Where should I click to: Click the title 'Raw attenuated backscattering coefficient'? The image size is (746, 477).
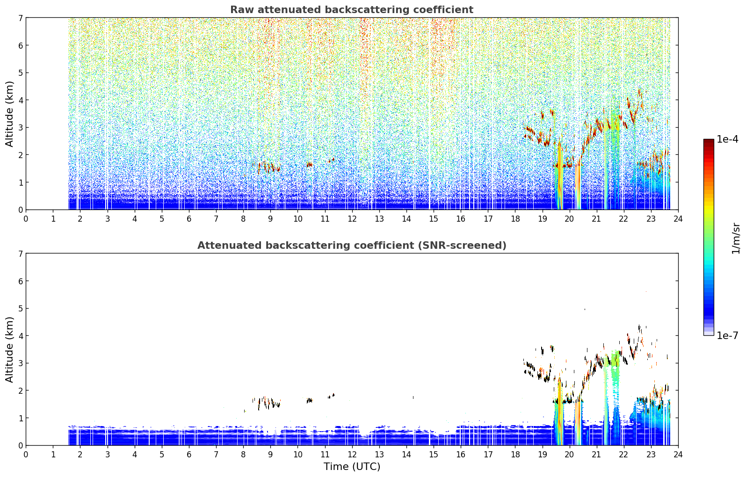point(352,10)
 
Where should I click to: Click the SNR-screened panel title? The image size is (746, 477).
point(352,245)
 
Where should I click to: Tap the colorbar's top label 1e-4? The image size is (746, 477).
point(727,139)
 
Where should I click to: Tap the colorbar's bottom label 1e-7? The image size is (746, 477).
point(727,335)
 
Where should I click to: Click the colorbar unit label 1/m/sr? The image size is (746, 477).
point(735,238)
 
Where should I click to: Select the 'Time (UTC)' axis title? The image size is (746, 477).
point(352,466)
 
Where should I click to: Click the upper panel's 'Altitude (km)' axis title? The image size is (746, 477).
point(9,114)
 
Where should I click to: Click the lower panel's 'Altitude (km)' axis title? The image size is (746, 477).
point(9,349)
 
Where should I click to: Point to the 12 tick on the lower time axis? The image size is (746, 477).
point(352,455)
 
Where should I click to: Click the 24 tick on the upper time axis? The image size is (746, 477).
point(678,219)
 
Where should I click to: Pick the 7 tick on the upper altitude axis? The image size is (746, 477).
point(20,18)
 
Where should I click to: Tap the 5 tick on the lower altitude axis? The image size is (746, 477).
point(20,309)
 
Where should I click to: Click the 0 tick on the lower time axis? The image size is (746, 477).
point(26,455)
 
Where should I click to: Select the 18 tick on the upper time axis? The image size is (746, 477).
point(515,219)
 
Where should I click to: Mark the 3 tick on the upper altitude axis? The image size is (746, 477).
point(20,128)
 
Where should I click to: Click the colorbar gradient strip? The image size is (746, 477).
point(709,237)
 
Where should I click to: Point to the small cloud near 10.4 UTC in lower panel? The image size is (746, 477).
point(310,400)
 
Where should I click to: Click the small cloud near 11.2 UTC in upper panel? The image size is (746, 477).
point(331,160)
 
